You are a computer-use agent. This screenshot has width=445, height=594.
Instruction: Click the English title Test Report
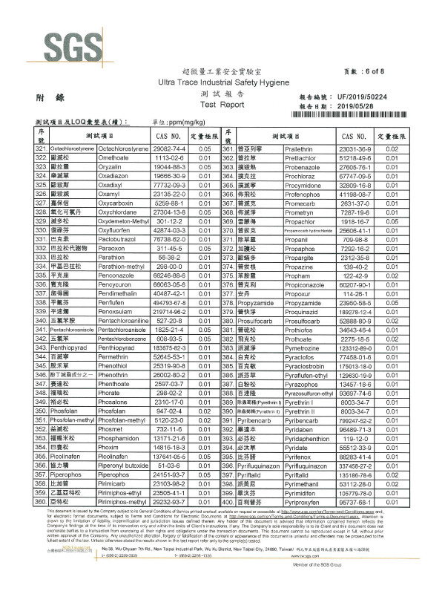[222, 105]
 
